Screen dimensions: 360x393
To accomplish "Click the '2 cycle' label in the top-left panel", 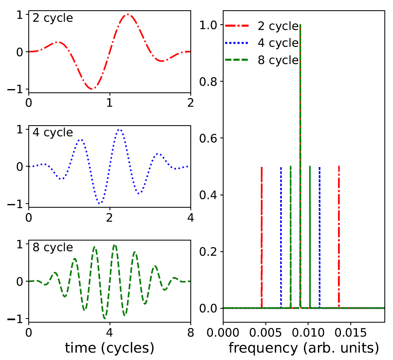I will (53, 18).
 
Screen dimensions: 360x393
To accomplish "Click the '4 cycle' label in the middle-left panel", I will (53, 133).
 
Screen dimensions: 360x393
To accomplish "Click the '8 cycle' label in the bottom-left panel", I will (53, 248).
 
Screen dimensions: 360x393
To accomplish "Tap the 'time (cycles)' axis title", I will (110, 348).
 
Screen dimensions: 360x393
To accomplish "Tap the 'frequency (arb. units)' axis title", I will (304, 348).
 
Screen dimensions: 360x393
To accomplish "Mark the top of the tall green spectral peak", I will (301, 25).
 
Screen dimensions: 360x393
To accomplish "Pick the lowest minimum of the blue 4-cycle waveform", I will (99, 203).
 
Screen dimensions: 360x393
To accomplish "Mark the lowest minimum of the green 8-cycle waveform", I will (105, 318).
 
